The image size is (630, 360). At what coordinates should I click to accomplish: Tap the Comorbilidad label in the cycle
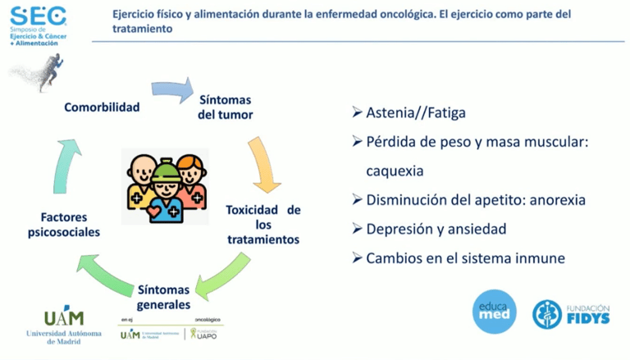(102, 107)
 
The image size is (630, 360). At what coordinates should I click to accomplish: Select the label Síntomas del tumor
(225, 107)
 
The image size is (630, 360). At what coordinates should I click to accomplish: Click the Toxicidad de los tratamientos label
(262, 225)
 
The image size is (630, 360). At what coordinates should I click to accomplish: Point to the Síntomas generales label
(164, 297)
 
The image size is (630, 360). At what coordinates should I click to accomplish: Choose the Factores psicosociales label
(71, 225)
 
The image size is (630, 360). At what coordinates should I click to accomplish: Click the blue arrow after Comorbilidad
(171, 89)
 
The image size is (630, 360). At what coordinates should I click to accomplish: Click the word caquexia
(395, 171)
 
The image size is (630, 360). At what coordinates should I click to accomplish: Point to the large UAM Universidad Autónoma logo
(64, 324)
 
